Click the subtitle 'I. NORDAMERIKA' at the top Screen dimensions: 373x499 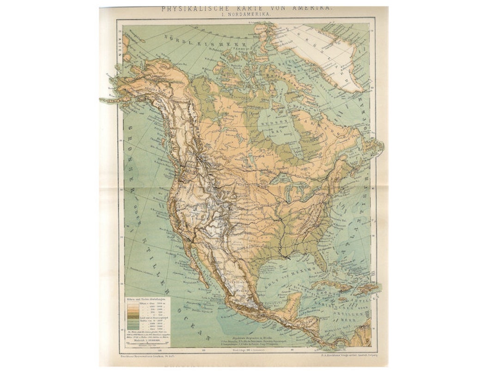(x=246, y=15)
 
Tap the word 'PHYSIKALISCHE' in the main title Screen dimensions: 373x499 (x=185, y=8)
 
